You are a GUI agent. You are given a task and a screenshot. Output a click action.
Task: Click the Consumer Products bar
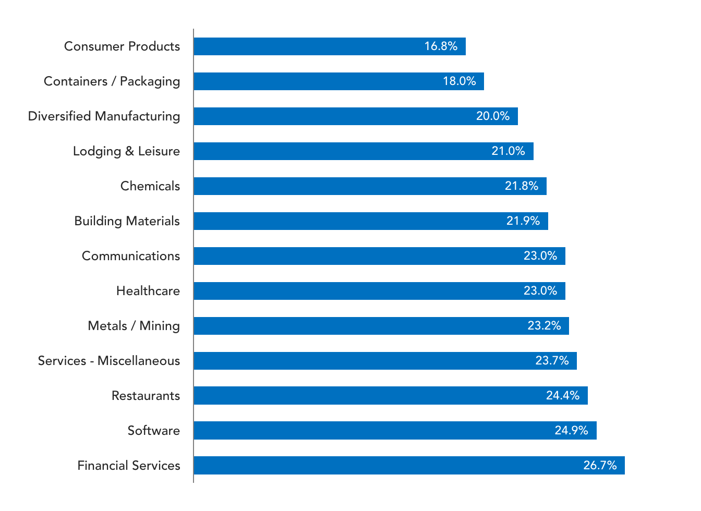pos(330,46)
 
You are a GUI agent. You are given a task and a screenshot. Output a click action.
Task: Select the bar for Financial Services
pos(409,465)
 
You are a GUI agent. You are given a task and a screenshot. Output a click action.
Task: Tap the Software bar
pos(395,431)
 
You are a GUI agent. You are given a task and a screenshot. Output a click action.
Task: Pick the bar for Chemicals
pos(370,186)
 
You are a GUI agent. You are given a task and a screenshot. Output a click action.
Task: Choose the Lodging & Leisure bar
pos(364,151)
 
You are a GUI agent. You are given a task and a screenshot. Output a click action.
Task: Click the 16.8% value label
pos(441,46)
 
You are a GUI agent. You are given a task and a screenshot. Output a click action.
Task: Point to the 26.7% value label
pos(600,465)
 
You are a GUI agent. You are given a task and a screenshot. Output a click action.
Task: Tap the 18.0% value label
pos(460,81)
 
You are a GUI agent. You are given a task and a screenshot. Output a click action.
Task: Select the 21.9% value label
pos(523,221)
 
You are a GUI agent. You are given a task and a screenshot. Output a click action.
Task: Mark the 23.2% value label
pos(544,326)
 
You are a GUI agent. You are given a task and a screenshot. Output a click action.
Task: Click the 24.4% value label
pos(563,396)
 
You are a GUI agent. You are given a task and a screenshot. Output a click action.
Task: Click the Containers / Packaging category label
pos(112,82)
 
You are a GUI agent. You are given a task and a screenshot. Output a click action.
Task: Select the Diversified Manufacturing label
pos(104,116)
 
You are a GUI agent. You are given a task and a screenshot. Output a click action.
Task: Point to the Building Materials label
pos(127,221)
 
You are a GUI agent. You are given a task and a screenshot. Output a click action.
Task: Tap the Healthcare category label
pos(148,291)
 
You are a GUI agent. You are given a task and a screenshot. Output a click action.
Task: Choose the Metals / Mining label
pos(134,326)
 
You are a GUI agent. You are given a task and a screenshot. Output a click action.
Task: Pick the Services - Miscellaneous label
pos(109,361)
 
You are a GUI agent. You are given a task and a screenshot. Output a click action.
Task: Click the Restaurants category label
pos(146,396)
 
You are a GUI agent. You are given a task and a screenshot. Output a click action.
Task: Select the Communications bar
pos(380,256)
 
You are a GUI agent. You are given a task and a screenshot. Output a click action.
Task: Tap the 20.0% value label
pos(493,116)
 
